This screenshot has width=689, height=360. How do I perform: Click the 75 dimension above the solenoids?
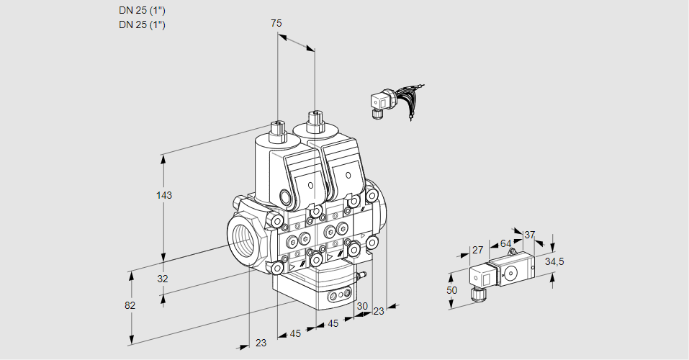276,24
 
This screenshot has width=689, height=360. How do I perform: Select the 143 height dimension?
166,195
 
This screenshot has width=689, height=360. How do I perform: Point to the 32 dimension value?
163,279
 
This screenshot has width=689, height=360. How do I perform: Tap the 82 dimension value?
130,305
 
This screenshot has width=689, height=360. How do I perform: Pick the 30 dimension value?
361,305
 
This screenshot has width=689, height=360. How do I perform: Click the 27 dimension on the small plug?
477,251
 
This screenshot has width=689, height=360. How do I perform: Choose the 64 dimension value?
505,243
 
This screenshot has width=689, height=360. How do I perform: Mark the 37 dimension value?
529,235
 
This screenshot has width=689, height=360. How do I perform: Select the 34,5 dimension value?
554,261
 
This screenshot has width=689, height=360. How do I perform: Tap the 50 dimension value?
451,290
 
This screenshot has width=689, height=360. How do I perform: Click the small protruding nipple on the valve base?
362,274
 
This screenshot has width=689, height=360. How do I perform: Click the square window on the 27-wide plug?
485,276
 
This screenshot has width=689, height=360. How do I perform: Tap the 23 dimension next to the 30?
379,311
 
